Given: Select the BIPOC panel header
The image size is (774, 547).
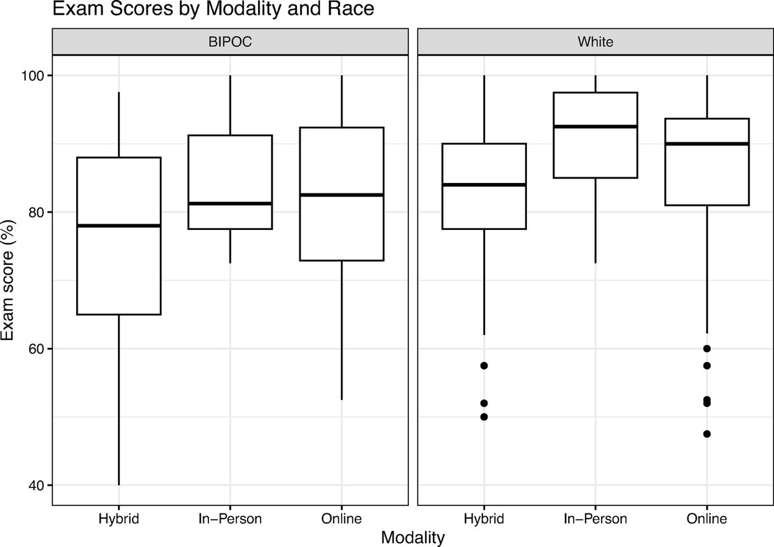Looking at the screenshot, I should point(230,43).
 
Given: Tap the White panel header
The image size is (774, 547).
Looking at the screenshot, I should point(595,43).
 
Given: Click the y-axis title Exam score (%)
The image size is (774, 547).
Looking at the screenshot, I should point(11,280).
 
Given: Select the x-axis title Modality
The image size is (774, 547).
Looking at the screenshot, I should point(412,537).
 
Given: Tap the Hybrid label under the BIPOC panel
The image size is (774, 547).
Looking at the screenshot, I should point(118,519).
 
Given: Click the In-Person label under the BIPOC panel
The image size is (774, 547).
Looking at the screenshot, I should point(230,519).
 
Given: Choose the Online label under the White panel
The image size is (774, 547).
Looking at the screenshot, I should point(707,519).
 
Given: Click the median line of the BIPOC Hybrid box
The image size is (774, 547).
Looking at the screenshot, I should point(118,226).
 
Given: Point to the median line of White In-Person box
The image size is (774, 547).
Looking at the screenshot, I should point(595,126).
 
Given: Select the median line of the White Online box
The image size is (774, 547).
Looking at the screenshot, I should point(707,144).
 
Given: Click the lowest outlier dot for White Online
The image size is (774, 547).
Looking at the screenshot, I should point(707,434).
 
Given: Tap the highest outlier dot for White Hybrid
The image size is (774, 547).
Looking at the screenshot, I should point(484,365).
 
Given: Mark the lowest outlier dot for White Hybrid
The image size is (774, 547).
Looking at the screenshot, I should point(484,416).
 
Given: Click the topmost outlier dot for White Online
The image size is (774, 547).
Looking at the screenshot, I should point(707,349).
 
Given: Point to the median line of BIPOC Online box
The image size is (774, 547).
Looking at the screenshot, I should point(341,195).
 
